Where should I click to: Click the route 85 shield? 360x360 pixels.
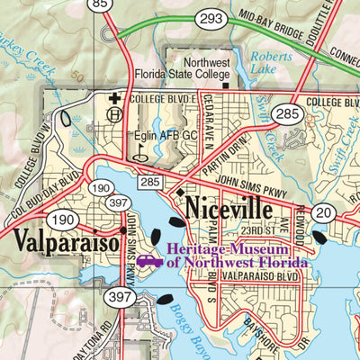point(101,5)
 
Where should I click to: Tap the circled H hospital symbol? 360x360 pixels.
point(113,114)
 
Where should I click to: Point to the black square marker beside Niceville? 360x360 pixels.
point(180,193)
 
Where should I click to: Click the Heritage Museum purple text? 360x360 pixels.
point(238,255)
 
